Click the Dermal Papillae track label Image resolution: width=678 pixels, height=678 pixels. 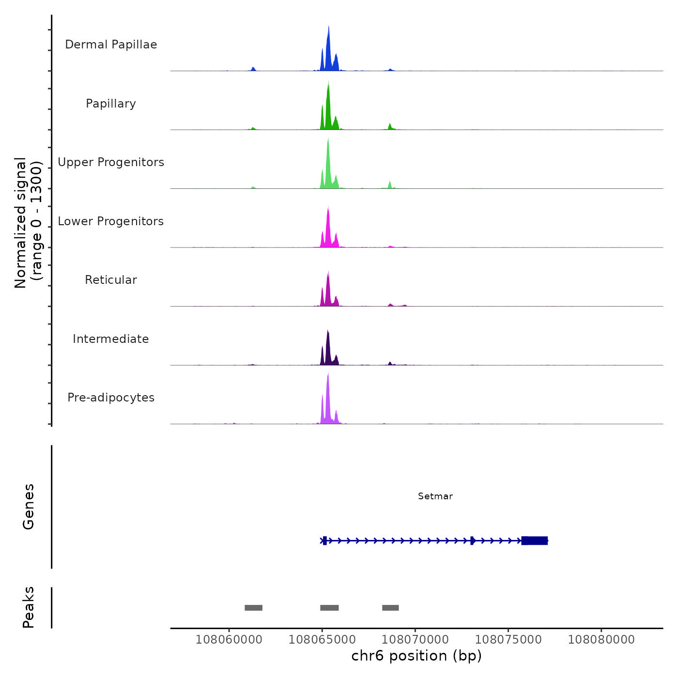[x=111, y=45]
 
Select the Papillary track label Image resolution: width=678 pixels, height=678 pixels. [x=111, y=104]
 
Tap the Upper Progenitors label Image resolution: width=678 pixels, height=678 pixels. [x=111, y=162]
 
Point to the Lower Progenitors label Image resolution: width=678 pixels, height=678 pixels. [x=111, y=221]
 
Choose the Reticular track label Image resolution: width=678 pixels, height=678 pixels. [x=111, y=280]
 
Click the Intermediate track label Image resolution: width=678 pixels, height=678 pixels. [x=111, y=339]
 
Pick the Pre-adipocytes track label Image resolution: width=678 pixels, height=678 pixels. [x=111, y=398]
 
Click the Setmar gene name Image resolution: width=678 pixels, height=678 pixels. [x=435, y=496]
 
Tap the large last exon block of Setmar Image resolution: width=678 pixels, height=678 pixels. [x=535, y=540]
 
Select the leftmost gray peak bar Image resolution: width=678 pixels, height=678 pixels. [x=253, y=608]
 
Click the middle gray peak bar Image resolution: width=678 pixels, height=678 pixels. [x=329, y=608]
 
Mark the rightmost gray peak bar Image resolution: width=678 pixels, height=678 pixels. [x=390, y=608]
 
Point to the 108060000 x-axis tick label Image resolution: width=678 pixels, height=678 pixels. [x=229, y=640]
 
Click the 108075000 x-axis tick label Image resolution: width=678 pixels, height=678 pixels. [x=508, y=640]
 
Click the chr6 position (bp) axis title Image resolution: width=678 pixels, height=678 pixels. [x=416, y=656]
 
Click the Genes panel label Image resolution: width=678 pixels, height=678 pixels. [x=29, y=507]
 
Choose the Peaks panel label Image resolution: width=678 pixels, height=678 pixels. [x=29, y=607]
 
